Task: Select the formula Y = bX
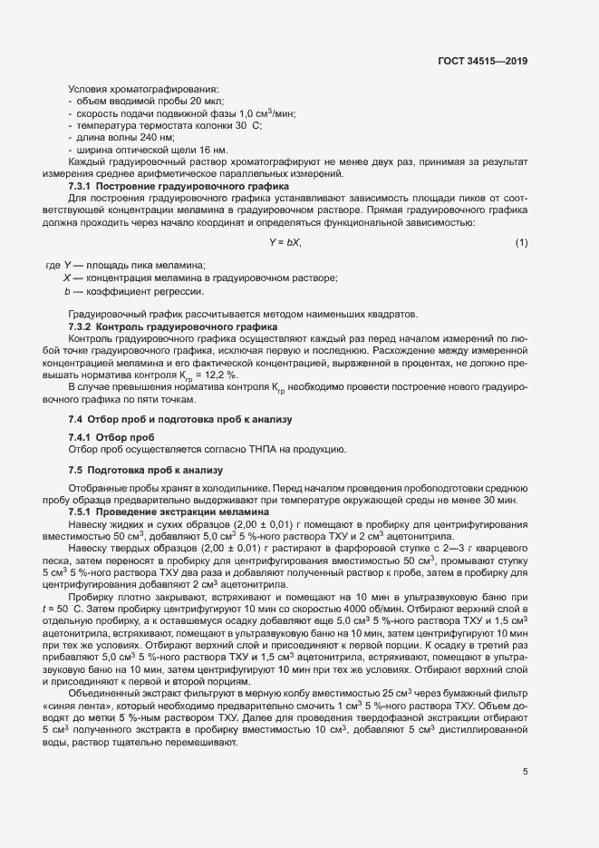pos(285,242)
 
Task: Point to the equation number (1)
pos(521,242)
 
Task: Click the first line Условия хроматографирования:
pos(143,89)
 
